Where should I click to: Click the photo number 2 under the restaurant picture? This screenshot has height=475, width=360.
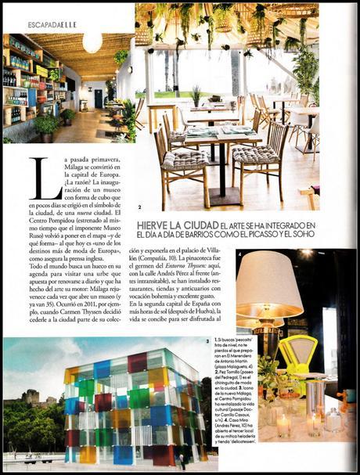(x=139, y=207)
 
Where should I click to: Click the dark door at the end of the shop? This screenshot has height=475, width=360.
(x=98, y=99)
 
